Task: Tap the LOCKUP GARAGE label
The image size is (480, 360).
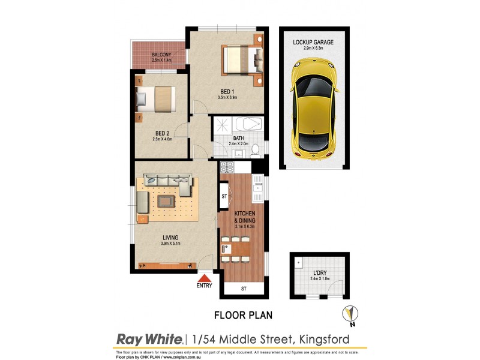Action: (x=313, y=42)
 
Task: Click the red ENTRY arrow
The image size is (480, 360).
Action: (x=204, y=277)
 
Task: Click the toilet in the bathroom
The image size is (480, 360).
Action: (x=255, y=148)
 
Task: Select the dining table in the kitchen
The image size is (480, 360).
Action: (x=236, y=248)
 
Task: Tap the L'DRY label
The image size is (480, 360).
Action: (x=319, y=272)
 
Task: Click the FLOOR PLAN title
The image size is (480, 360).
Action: (x=239, y=314)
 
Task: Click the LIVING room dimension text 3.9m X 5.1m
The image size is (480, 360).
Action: (x=171, y=243)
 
